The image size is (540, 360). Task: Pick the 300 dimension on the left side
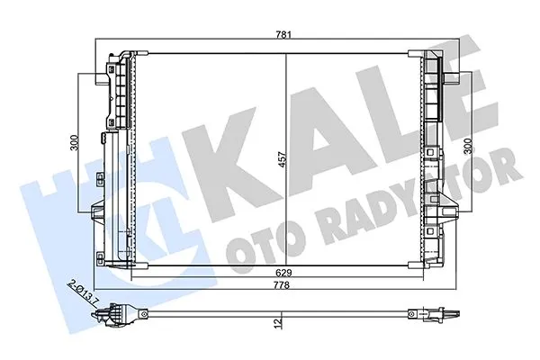click(79, 141)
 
